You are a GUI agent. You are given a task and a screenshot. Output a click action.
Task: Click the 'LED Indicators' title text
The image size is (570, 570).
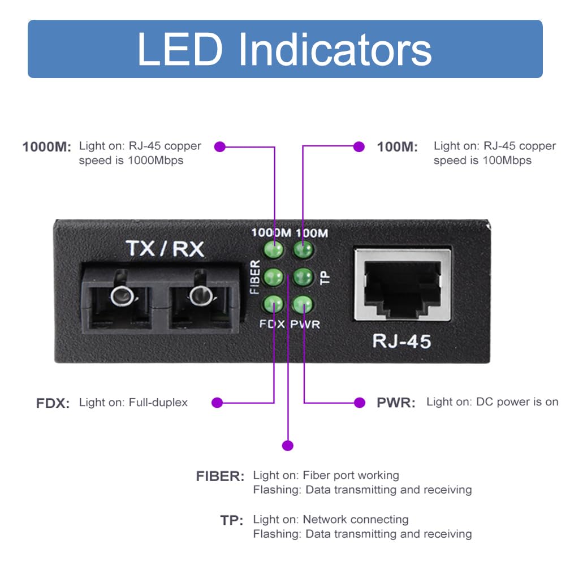[284, 50]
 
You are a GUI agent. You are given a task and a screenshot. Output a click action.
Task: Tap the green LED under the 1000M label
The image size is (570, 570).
[274, 249]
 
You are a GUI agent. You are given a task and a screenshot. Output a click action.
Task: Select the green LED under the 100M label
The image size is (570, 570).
[303, 249]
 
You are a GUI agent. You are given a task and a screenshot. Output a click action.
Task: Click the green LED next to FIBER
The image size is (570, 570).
[274, 277]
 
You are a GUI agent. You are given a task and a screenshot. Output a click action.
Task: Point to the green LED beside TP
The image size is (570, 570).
[303, 277]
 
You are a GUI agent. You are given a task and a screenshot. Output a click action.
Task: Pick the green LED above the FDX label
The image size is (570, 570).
[274, 304]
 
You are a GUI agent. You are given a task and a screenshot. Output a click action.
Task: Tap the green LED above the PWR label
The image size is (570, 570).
[303, 304]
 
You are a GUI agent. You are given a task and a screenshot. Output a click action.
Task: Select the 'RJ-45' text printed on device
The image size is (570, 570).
[401, 341]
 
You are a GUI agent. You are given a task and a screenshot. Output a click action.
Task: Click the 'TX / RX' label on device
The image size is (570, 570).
[165, 249]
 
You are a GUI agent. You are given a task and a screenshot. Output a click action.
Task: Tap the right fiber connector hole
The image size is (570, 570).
[199, 295]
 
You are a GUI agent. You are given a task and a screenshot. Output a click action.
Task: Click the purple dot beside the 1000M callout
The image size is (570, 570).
[220, 147]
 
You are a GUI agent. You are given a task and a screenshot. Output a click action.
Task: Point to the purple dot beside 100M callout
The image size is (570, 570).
[359, 147]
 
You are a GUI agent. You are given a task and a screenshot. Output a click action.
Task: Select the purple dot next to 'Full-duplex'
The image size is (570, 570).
[217, 403]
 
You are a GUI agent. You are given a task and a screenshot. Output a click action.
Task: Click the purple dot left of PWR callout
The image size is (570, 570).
[359, 403]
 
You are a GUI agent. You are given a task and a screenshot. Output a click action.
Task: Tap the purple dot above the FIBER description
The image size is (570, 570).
[288, 446]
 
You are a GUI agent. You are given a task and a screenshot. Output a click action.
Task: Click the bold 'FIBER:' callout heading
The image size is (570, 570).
[220, 476]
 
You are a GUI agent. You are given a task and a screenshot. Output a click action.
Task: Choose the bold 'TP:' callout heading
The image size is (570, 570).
[232, 520]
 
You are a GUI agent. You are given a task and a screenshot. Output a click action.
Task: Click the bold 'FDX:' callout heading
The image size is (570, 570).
[53, 404]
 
